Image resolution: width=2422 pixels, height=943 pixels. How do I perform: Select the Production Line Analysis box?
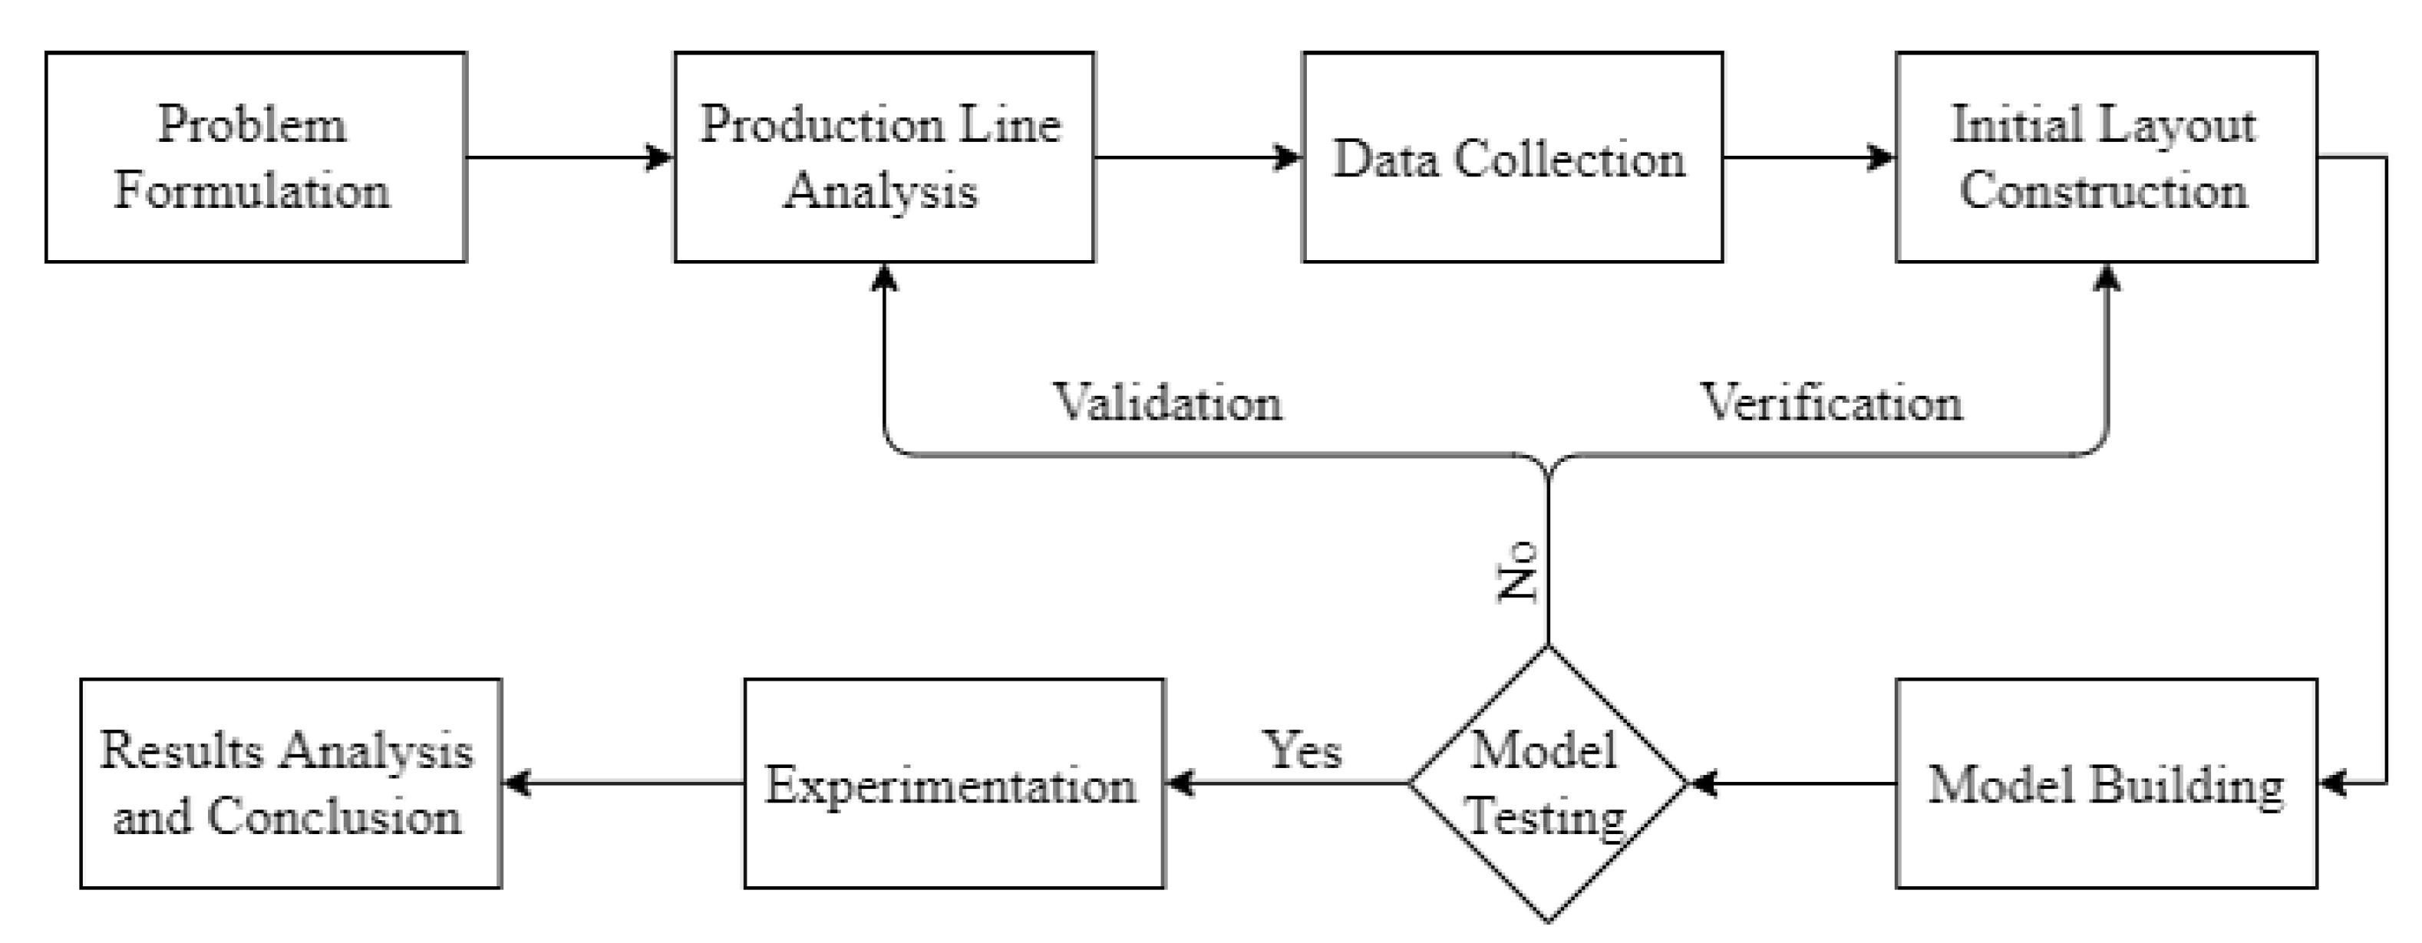[x=884, y=157]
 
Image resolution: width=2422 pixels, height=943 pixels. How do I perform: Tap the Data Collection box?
[x=1512, y=157]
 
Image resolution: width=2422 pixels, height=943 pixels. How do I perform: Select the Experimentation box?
[x=953, y=783]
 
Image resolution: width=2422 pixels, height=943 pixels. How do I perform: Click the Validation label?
[x=1166, y=402]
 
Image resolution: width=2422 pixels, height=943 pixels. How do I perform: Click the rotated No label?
[x=1516, y=571]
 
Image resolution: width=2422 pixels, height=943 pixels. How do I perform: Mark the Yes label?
[x=1302, y=750]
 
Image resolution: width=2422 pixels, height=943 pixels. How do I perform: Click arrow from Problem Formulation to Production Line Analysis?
[x=569, y=157]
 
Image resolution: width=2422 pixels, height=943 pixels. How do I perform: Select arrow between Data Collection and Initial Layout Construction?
[x=1807, y=157]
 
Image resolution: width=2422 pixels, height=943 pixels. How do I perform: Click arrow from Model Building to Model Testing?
[x=1792, y=783]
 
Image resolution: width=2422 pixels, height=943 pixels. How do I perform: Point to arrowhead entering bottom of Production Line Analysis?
[x=884, y=276]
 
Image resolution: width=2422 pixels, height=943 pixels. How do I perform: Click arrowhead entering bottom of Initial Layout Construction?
[x=2107, y=276]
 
